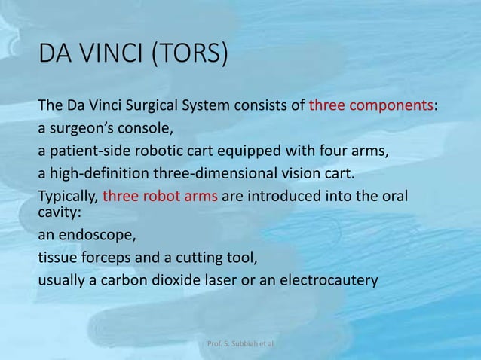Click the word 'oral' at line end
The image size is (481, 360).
(393, 197)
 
